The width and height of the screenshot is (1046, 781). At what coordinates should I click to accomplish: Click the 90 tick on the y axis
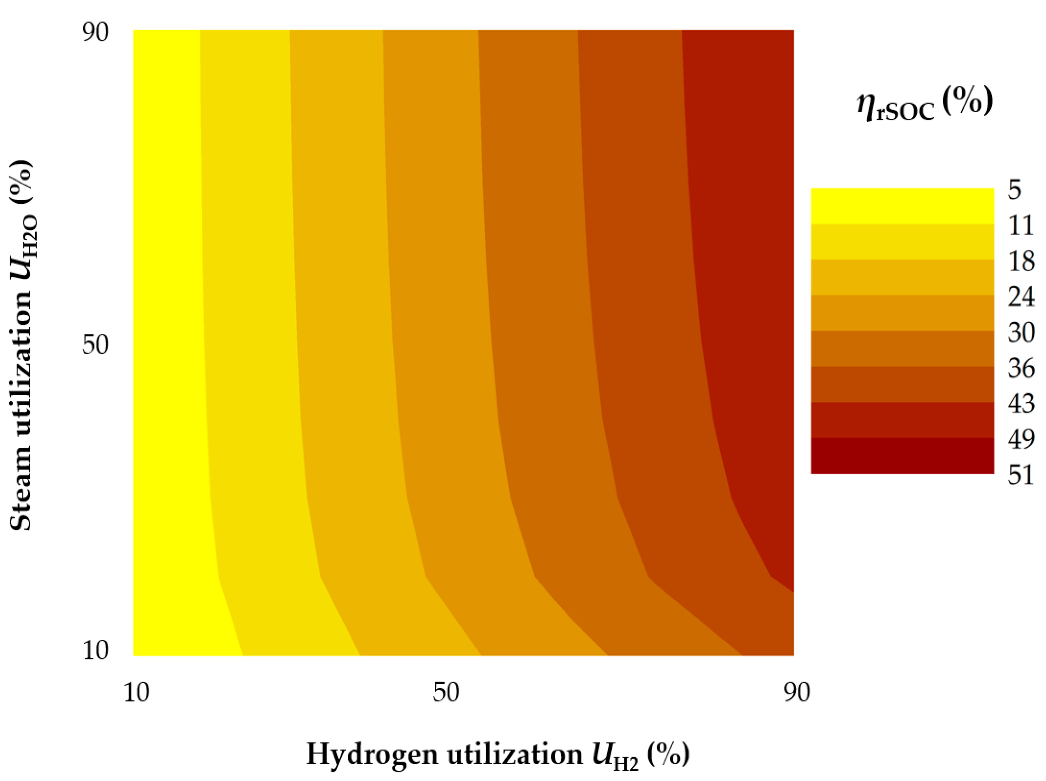point(95,32)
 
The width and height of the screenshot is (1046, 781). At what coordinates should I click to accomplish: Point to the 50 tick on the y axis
point(95,344)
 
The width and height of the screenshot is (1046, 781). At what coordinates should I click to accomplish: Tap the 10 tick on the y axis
point(95,650)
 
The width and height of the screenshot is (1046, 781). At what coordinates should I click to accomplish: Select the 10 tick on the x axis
point(136,693)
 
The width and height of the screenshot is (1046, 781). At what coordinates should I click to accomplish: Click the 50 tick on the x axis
point(446,693)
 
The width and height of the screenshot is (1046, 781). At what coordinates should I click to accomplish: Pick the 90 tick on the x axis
point(797,693)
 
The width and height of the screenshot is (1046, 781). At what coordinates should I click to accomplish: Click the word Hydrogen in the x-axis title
point(371,754)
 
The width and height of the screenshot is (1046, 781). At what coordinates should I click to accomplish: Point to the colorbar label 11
point(1020,225)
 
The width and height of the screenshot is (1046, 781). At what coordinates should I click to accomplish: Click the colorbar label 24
point(1021,296)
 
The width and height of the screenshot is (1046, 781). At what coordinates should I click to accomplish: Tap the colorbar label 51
point(1021,475)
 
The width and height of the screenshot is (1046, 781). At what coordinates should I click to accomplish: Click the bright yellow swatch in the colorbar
point(902,206)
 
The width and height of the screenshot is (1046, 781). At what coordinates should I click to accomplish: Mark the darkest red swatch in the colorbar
point(902,455)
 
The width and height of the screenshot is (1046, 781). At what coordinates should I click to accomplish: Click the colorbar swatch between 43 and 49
point(902,420)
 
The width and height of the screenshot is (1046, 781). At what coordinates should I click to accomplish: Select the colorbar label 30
point(1021,332)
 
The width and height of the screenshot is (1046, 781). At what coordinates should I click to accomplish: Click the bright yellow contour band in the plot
point(166,333)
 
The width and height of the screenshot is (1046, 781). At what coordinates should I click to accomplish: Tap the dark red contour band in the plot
point(752,238)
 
